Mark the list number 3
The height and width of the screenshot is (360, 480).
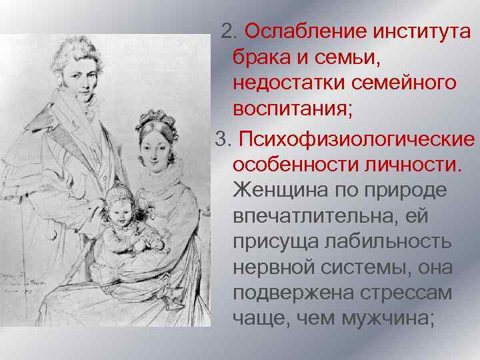[x=220, y=141]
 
